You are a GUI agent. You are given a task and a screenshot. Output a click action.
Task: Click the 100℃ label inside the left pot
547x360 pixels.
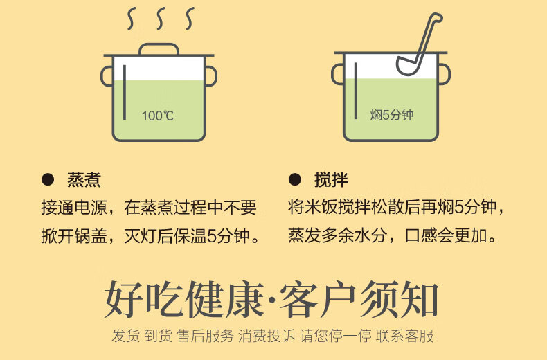point(158,116)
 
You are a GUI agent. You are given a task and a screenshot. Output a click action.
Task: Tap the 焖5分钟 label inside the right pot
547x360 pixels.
point(391,115)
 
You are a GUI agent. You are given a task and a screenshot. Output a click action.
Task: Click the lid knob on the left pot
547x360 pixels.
point(159,49)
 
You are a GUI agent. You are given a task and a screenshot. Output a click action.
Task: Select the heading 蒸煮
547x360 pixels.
point(84,180)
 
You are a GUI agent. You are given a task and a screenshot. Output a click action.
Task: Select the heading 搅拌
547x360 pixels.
point(331,180)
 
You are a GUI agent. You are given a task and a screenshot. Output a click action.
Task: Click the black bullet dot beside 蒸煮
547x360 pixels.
point(48,180)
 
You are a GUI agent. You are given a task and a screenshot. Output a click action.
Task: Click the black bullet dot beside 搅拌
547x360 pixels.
point(295,180)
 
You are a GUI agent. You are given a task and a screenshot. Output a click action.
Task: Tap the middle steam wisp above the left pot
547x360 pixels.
point(159,20)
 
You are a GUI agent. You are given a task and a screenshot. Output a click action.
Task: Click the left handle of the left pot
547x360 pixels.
point(107,75)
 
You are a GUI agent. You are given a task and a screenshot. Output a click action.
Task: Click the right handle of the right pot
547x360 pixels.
point(444,75)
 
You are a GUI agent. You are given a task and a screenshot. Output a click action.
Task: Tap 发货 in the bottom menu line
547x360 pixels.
point(126,336)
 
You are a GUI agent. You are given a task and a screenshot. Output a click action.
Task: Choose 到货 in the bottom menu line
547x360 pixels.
point(159,336)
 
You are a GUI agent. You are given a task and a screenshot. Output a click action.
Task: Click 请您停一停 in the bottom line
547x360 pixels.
point(335,336)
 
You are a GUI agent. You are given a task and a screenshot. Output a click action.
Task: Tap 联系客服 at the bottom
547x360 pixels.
point(404,336)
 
